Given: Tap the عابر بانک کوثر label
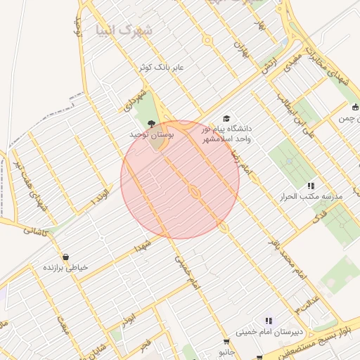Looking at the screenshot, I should pyautogui.click(x=161, y=67).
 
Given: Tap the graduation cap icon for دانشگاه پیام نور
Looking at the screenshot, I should pyautogui.click(x=226, y=118).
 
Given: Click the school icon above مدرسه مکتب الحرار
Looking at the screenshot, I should pyautogui.click(x=310, y=186).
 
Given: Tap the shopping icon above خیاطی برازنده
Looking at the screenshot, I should pyautogui.click(x=65, y=257).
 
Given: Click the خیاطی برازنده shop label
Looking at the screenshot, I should pyautogui.click(x=65, y=268).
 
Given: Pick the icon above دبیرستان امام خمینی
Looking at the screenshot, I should pyautogui.click(x=268, y=321).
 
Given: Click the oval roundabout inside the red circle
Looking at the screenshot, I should pyautogui.click(x=195, y=191).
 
